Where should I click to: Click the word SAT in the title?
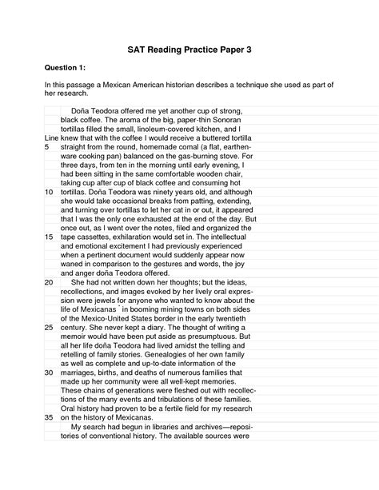139,49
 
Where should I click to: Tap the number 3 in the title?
248,49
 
